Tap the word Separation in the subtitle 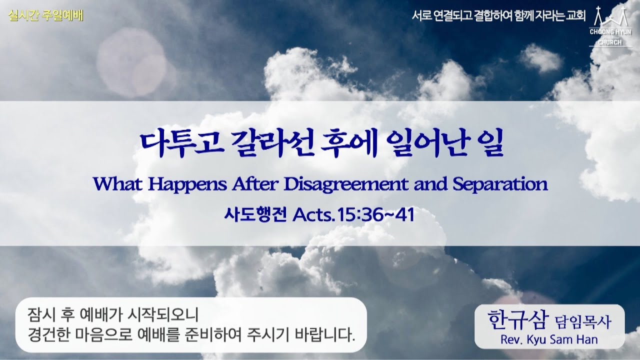coord(499,184)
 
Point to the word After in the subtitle coord(255,184)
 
